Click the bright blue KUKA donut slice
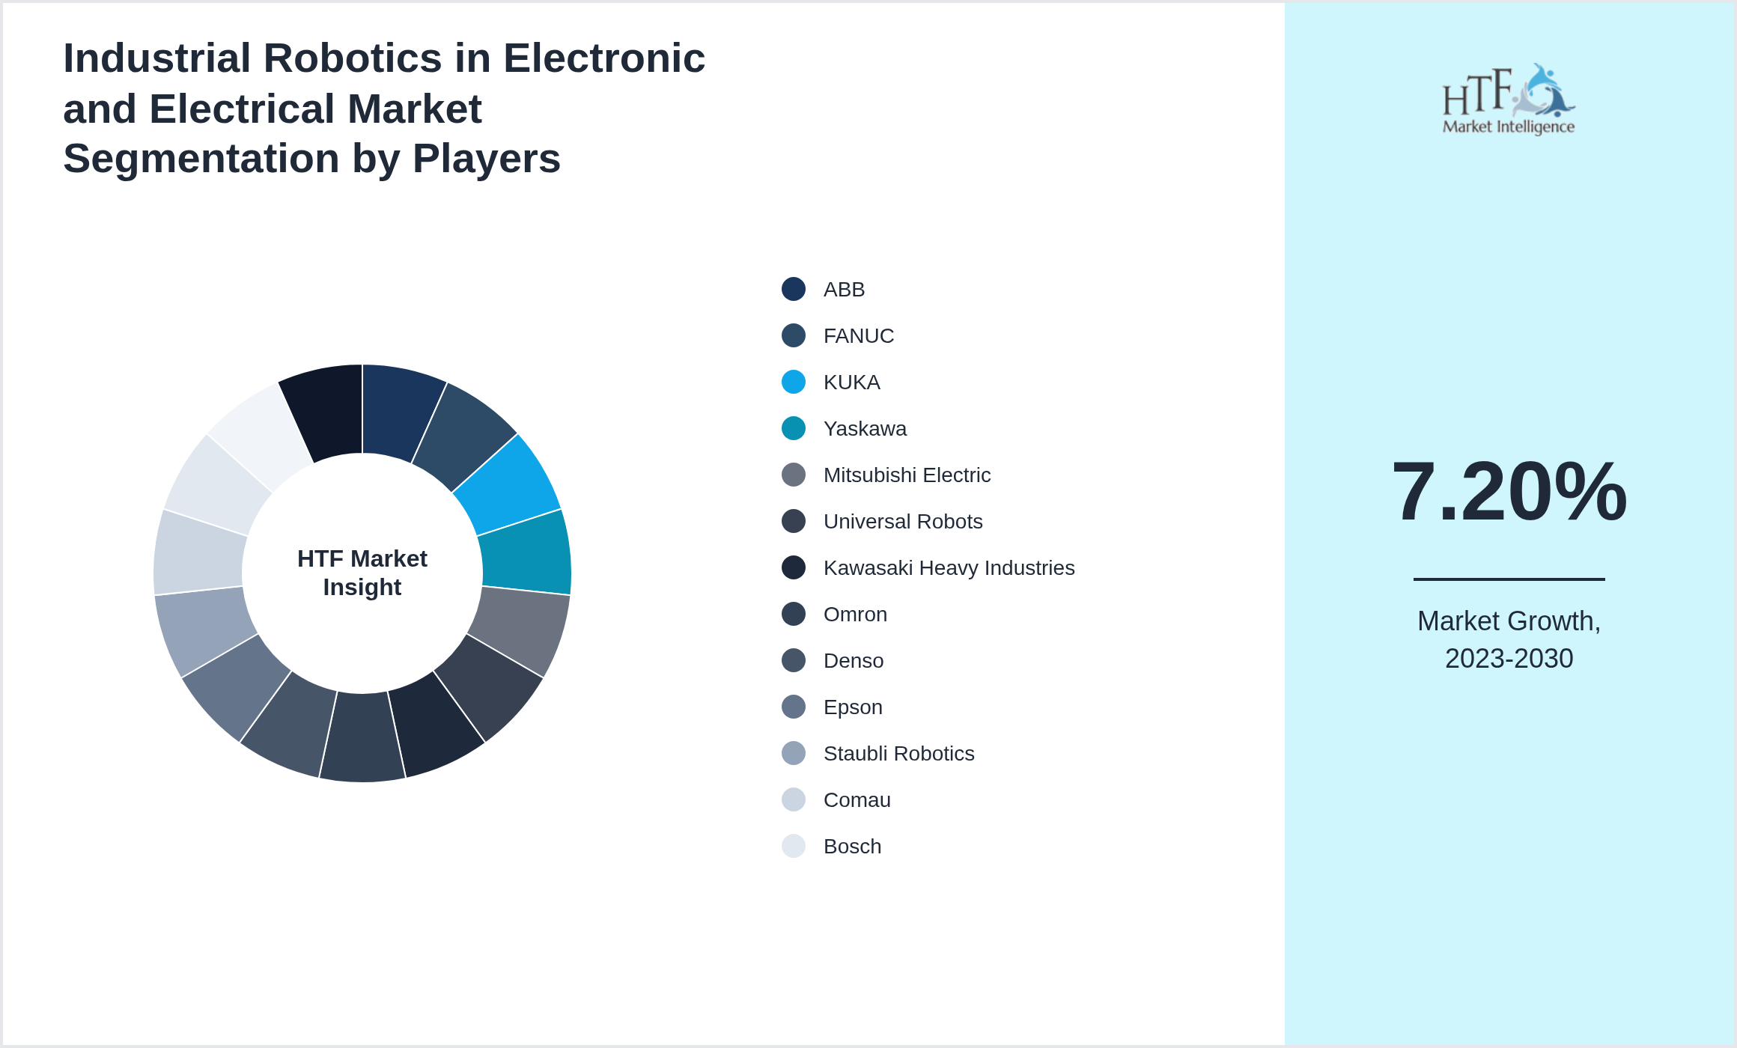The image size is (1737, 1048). pyautogui.click(x=509, y=483)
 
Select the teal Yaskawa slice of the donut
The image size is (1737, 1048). pyautogui.click(x=526, y=554)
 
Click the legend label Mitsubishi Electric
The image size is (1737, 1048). pyautogui.click(x=907, y=475)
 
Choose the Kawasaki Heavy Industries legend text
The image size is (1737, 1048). pyautogui.click(x=949, y=568)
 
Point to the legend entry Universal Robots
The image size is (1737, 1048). pyautogui.click(x=903, y=522)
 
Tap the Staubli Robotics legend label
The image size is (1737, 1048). pyautogui.click(x=898, y=754)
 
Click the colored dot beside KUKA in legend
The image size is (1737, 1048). pyautogui.click(x=794, y=383)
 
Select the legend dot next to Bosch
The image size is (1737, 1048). pyautogui.click(x=794, y=847)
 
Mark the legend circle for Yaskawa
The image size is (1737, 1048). pyautogui.click(x=794, y=429)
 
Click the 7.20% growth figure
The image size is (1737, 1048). pyautogui.click(x=1509, y=492)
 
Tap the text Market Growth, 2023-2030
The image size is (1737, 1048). pyautogui.click(x=1509, y=640)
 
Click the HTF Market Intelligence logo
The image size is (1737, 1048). pyautogui.click(x=1509, y=100)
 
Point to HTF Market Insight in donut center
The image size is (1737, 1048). pyautogui.click(x=362, y=573)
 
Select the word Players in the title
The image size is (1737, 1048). pyautogui.click(x=486, y=159)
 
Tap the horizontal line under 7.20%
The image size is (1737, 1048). pyautogui.click(x=1509, y=579)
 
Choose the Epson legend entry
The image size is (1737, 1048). pyautogui.click(x=853, y=707)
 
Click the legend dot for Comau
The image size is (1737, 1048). pyautogui.click(x=794, y=800)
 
